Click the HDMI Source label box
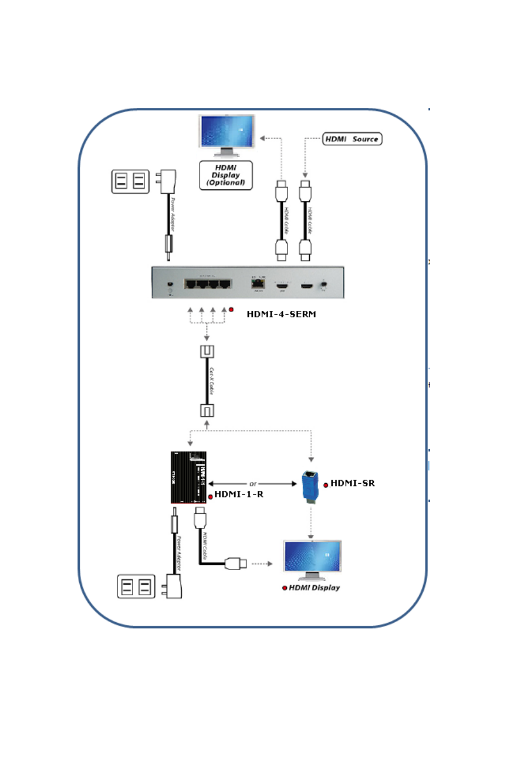tap(352, 140)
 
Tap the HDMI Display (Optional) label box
tap(226, 175)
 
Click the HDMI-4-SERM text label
tap(281, 314)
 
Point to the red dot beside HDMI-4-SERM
tap(231, 309)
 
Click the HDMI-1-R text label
tap(239, 494)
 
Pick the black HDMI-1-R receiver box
tap(188, 477)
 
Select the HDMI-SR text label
tap(352, 484)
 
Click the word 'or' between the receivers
tap(253, 484)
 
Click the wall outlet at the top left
tap(130, 181)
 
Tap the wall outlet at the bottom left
tap(136, 586)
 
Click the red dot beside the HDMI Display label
tap(285, 588)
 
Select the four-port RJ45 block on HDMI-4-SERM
tap(207, 284)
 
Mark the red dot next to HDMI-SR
tap(326, 486)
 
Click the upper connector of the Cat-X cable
tap(207, 352)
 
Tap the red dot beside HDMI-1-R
tap(210, 497)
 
